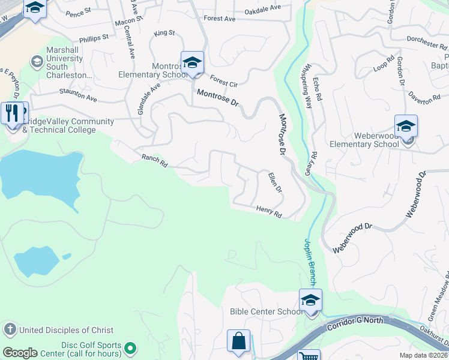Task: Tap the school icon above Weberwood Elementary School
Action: coord(406,127)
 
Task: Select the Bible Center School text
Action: coord(266,311)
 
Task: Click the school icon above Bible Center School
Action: coord(310,300)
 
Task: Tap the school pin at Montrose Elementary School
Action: coord(192,62)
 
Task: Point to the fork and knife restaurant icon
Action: coord(12,112)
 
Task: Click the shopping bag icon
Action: coord(238,341)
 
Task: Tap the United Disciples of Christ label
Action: coord(66,329)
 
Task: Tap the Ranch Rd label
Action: coord(154,160)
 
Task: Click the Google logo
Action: coord(20,353)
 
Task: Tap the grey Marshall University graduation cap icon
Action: coord(37,61)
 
